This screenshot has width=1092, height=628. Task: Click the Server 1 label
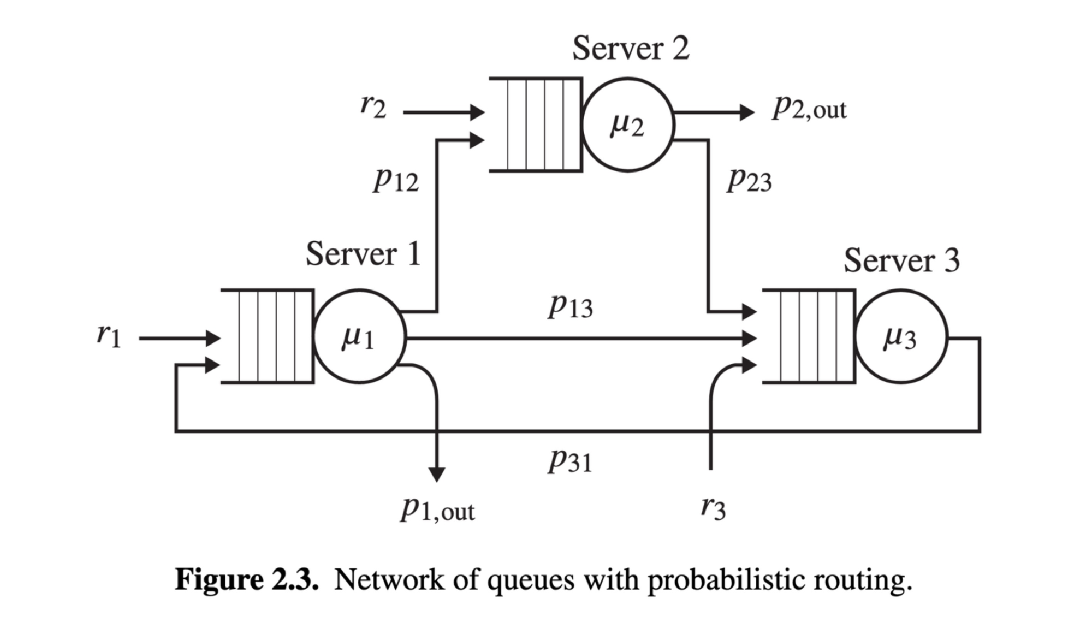pyautogui.click(x=363, y=254)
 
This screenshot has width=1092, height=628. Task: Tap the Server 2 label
pyautogui.click(x=631, y=48)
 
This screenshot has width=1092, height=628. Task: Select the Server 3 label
pyautogui.click(x=901, y=260)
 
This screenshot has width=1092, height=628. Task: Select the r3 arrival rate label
pyautogui.click(x=713, y=508)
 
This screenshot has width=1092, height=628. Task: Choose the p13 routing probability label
pyautogui.click(x=571, y=305)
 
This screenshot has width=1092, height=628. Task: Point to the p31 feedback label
pyautogui.click(x=571, y=460)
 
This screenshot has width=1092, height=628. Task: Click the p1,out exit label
pyautogui.click(x=437, y=509)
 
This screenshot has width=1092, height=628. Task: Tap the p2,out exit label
pyautogui.click(x=809, y=108)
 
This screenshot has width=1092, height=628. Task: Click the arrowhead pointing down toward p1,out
pyautogui.click(x=437, y=475)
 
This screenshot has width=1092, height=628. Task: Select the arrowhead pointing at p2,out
pyautogui.click(x=747, y=112)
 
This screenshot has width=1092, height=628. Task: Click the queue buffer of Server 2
pyautogui.click(x=536, y=125)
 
